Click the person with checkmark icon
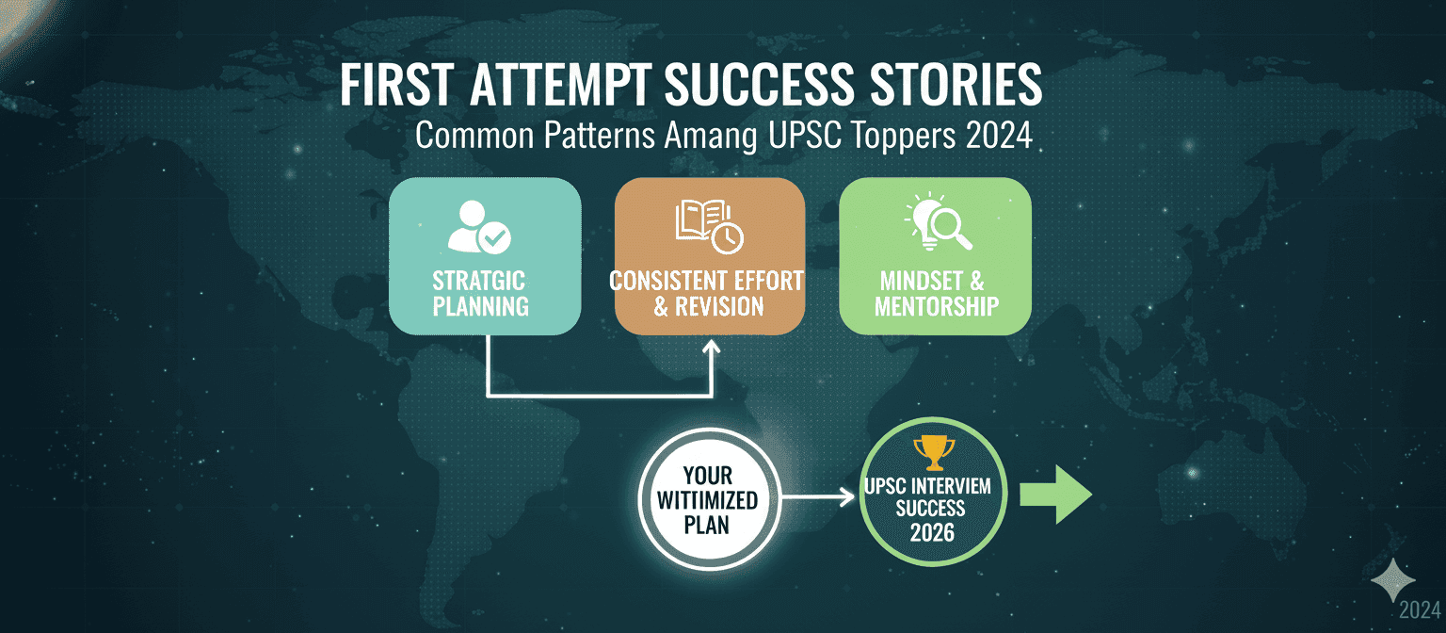(478, 227)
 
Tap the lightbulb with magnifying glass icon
(937, 225)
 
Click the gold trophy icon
(934, 453)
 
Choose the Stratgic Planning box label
(479, 293)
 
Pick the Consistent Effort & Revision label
(707, 293)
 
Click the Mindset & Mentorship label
(936, 293)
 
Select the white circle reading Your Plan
(707, 499)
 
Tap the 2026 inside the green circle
(934, 533)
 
